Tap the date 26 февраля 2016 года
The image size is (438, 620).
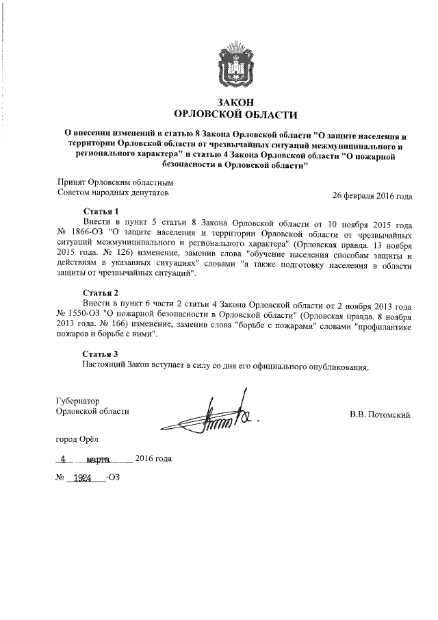(372, 195)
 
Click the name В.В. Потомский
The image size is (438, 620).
(380, 414)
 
